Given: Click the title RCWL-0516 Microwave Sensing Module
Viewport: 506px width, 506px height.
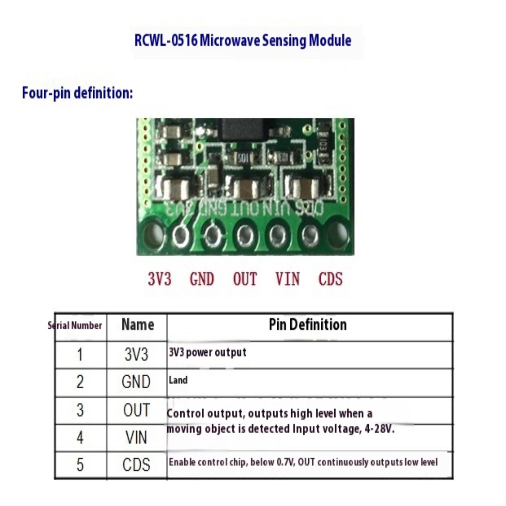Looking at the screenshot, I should click(243, 40).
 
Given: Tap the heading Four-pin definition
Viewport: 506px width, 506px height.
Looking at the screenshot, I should click(77, 93).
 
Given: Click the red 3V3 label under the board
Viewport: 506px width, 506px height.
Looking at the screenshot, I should click(160, 279).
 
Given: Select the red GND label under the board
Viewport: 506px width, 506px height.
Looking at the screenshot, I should click(202, 279).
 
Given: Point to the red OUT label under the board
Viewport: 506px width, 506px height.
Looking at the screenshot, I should click(245, 279).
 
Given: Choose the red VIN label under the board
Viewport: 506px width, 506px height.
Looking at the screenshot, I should click(287, 279).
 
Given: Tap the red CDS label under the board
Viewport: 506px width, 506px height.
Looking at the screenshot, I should click(330, 279).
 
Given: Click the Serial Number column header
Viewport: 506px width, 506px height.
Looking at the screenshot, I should click(75, 325).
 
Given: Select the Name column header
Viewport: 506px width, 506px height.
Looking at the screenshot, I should click(138, 325).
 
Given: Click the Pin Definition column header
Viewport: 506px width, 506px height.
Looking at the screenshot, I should click(308, 325).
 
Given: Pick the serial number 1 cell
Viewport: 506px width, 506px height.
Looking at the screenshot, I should click(80, 355).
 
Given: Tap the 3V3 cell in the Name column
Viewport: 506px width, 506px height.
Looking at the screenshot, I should click(136, 355).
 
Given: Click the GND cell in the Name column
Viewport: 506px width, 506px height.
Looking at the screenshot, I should click(136, 382).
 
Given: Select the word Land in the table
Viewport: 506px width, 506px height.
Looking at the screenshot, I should click(178, 380).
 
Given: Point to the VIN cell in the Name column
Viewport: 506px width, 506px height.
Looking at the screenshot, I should click(136, 438).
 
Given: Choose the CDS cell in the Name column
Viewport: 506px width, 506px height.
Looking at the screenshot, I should click(136, 465).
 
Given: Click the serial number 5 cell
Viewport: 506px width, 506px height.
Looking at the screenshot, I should click(80, 465).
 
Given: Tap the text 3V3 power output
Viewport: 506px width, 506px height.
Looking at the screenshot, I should click(207, 352).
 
